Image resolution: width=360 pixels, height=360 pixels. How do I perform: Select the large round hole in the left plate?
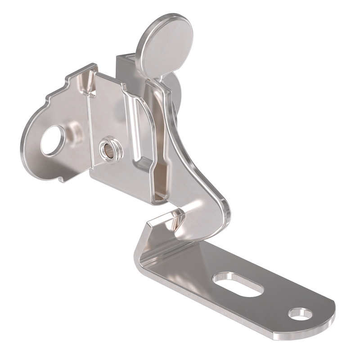tap(53, 140)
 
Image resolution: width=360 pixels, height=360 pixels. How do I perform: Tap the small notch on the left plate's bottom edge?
tap(61, 179)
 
